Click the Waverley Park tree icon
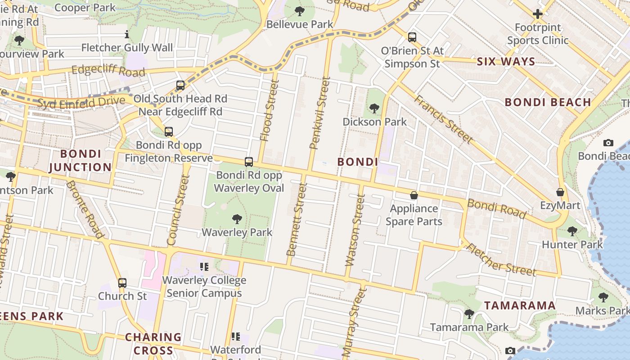click(237, 219)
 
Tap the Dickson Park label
click(374, 122)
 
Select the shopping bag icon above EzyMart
click(560, 192)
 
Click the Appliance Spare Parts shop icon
click(414, 195)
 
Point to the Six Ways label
click(506, 62)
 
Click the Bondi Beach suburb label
click(548, 102)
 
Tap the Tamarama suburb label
click(520, 306)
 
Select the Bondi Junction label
click(80, 161)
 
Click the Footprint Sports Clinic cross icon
click(537, 14)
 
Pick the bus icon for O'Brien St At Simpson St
click(412, 37)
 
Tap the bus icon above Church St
click(122, 283)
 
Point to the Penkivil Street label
click(320, 112)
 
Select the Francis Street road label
click(443, 119)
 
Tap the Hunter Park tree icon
click(572, 231)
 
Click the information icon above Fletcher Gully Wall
click(127, 34)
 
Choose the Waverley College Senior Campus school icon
click(204, 267)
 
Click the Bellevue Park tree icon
click(300, 11)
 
